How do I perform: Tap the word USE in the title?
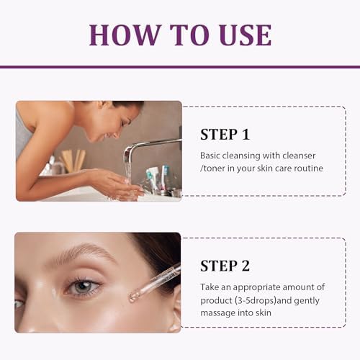pos(246,35)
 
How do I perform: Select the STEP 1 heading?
pos(225,135)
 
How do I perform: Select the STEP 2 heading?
pos(225,266)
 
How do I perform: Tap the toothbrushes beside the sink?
pos(156,179)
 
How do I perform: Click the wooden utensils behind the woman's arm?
pos(73,161)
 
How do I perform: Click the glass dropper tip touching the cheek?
pos(132,297)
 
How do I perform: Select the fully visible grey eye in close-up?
pos(84,287)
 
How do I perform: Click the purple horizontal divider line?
pos(180,67)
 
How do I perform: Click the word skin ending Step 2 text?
pos(264,313)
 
